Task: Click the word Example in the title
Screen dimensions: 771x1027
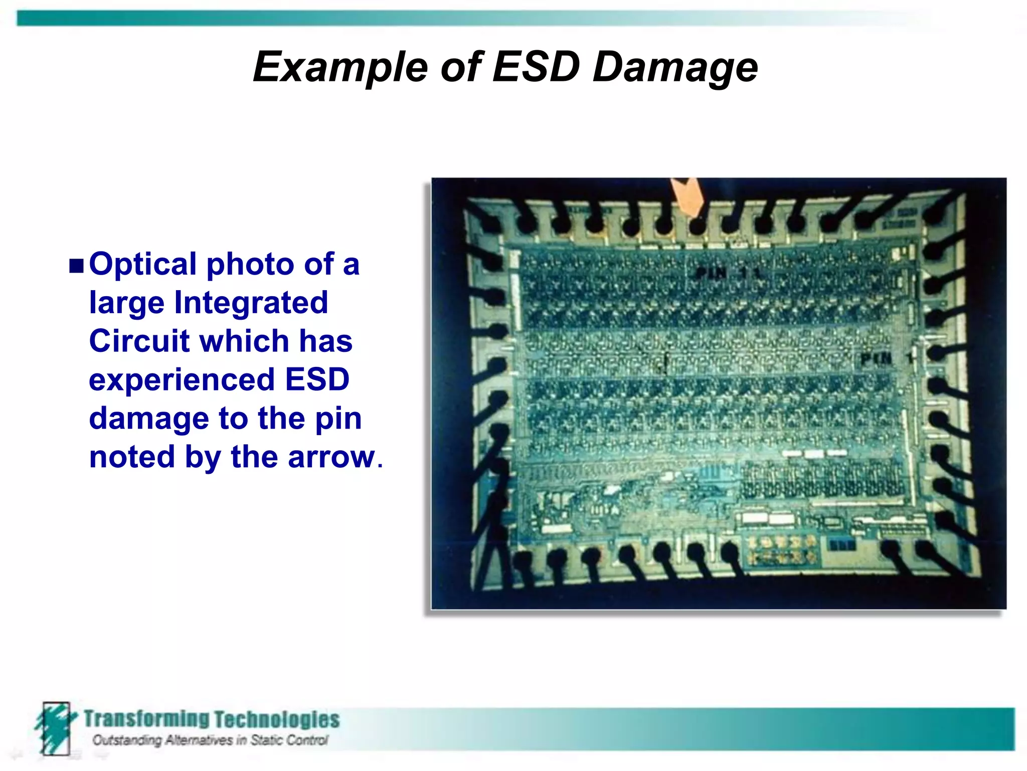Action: point(341,67)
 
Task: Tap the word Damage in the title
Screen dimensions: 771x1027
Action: point(675,68)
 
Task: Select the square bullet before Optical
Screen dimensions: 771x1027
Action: point(76,266)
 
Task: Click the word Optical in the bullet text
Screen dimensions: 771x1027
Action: point(143,265)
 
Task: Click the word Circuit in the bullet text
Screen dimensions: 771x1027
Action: point(139,341)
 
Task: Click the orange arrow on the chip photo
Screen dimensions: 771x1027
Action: point(689,197)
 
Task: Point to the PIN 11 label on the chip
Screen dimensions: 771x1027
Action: point(727,274)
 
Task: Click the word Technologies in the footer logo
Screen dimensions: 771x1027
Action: point(277,720)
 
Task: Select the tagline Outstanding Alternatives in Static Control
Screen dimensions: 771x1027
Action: point(210,740)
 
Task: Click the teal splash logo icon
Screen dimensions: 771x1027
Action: point(55,727)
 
